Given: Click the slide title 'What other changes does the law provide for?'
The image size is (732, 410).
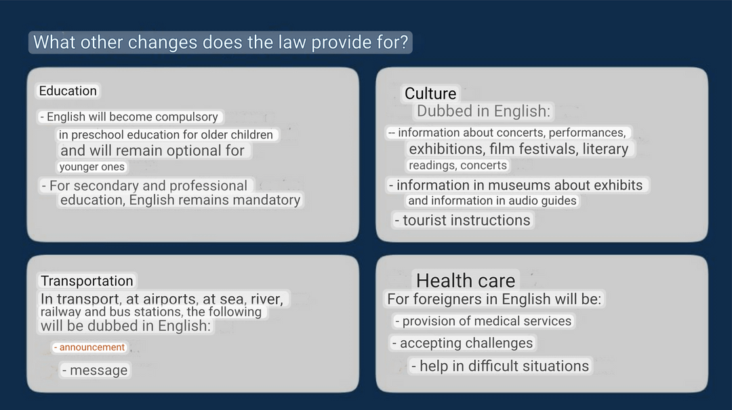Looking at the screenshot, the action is [x=220, y=43].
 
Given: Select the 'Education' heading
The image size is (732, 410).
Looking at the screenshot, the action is [x=68, y=91].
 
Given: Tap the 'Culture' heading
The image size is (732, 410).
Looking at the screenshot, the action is [x=430, y=94].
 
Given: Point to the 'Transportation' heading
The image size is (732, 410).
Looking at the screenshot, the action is [x=87, y=281].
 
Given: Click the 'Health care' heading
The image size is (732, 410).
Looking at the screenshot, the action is [x=466, y=281].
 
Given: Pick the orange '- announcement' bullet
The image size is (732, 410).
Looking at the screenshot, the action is [x=89, y=348].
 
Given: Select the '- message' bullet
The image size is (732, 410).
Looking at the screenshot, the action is [x=95, y=370].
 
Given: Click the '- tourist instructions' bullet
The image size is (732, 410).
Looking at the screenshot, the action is [x=462, y=220].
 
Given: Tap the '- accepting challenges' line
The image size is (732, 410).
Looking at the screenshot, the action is [x=462, y=343].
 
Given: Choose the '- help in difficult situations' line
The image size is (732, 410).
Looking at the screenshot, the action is [x=500, y=366].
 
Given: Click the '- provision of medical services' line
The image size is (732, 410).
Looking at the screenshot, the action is [x=483, y=321].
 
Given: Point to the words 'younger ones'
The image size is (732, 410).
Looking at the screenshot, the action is [x=92, y=167].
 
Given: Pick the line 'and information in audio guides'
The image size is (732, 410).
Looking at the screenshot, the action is [x=493, y=201].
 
